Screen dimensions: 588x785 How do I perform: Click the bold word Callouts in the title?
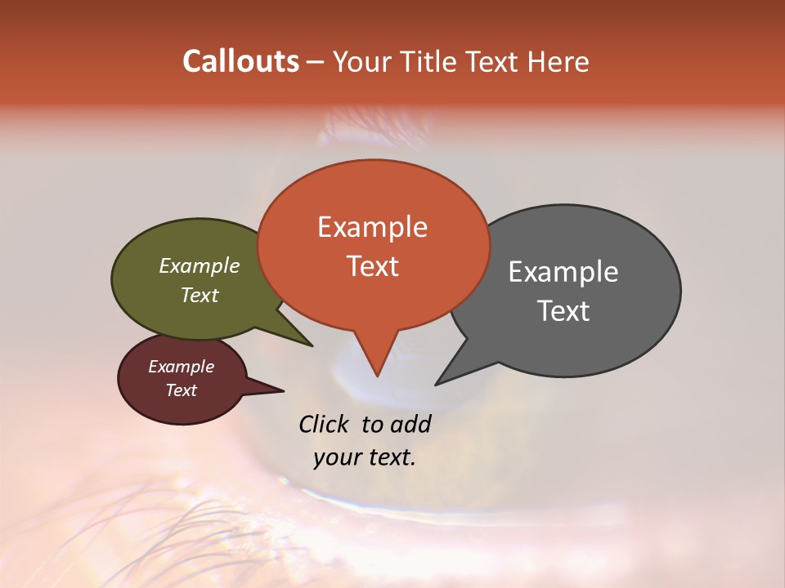tap(240, 61)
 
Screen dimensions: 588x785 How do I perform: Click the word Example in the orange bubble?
tap(372, 227)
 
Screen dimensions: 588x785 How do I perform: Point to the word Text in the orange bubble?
tap(372, 266)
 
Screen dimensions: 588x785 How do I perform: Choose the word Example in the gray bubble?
tap(563, 272)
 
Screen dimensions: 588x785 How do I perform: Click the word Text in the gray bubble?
tap(563, 311)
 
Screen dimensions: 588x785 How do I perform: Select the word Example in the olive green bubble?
tap(200, 266)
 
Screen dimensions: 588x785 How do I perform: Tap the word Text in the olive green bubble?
tap(200, 296)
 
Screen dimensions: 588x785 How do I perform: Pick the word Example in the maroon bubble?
tap(181, 367)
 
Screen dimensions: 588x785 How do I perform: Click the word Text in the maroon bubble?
tap(181, 390)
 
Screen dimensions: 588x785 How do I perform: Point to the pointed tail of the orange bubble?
tap(377, 372)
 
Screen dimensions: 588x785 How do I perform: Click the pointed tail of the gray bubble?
tap(439, 382)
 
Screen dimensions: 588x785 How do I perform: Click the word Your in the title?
tap(358, 61)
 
